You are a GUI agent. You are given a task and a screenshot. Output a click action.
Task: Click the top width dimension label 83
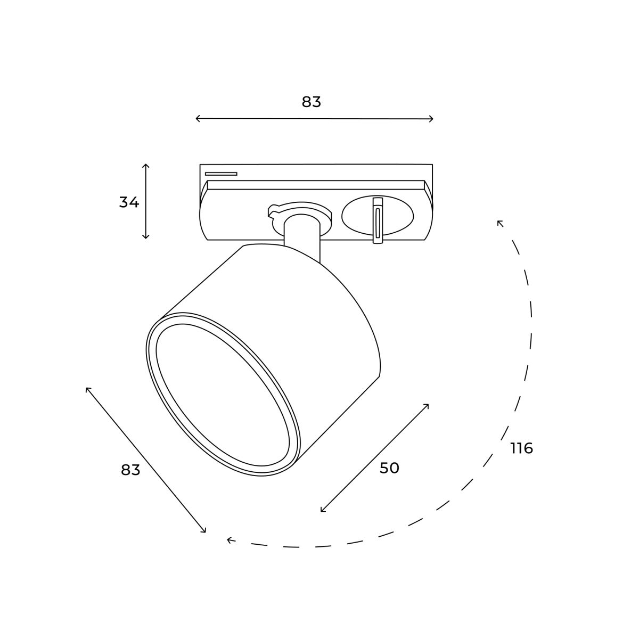(x=312, y=102)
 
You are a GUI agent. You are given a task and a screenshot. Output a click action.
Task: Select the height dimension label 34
(x=129, y=202)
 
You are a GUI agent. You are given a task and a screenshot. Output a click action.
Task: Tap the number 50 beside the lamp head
(x=389, y=468)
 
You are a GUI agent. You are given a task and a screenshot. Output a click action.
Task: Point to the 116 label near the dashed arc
(x=521, y=448)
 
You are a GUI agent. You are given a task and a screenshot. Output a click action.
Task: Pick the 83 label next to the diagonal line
(x=130, y=470)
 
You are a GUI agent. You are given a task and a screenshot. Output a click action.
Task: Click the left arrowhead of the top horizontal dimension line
(x=197, y=118)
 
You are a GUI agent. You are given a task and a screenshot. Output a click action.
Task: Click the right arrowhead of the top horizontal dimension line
(x=432, y=119)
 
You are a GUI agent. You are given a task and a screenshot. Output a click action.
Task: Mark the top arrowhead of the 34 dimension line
(x=146, y=166)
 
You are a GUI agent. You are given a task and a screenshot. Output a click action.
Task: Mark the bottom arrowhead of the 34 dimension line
(x=146, y=237)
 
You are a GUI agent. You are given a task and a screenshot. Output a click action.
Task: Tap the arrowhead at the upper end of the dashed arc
(x=499, y=223)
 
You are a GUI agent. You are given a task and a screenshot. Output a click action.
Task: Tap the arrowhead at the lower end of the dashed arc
(x=229, y=540)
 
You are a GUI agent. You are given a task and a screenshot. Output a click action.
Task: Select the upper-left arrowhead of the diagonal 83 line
(x=87, y=389)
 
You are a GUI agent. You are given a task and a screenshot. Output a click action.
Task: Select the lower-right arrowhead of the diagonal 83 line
(x=204, y=531)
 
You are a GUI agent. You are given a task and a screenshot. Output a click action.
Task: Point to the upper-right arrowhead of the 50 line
(x=427, y=405)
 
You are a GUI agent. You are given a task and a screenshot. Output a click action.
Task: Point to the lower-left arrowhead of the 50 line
(x=322, y=511)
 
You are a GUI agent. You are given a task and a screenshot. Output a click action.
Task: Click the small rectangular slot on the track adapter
(x=221, y=174)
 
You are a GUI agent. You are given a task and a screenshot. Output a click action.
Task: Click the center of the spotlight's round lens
(x=223, y=394)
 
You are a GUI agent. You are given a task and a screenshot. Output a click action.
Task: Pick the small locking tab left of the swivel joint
(x=273, y=212)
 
